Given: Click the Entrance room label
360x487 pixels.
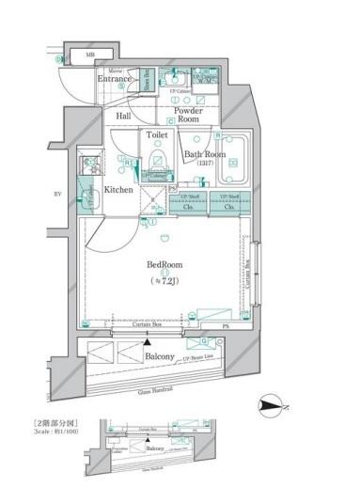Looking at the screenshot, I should pos(115,80).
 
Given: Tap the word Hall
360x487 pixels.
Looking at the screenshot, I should pos(123,117).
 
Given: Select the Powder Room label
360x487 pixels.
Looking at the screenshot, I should pos(188,116).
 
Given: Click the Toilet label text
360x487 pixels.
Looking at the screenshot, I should pos(157,135).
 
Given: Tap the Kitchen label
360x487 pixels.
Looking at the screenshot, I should pos(119,190).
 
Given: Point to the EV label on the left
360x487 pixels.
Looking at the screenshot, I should pos(57,195).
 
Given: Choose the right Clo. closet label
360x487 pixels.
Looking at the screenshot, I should pos(230,207).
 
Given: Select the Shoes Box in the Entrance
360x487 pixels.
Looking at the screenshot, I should pos(148,79).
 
